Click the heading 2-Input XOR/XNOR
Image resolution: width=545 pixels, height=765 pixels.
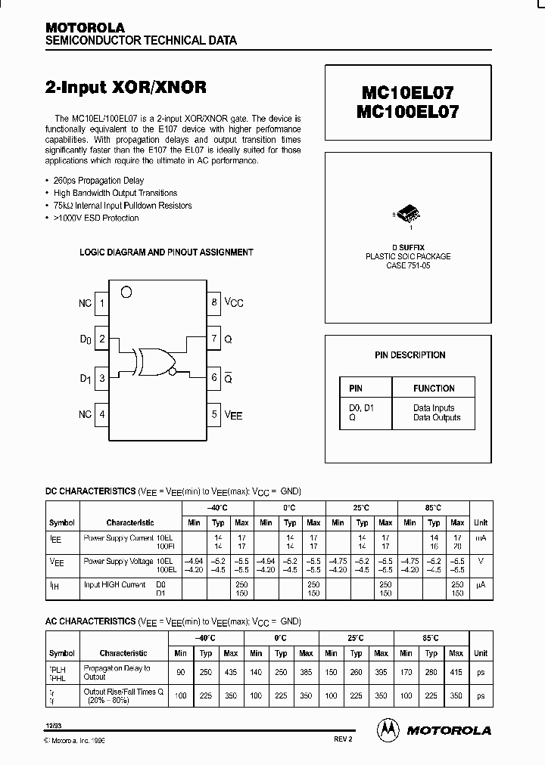click(x=126, y=87)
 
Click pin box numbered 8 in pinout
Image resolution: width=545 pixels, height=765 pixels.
click(x=215, y=302)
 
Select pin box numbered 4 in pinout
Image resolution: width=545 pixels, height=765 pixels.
click(x=102, y=414)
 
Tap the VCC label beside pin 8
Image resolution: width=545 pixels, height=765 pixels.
click(x=234, y=303)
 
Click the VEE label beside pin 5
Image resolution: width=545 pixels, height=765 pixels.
click(x=233, y=415)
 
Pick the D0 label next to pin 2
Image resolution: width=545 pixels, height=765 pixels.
click(x=86, y=340)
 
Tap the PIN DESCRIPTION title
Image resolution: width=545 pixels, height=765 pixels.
click(x=410, y=355)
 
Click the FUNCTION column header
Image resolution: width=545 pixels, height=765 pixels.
click(x=434, y=388)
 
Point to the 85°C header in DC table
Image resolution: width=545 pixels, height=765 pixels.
click(x=433, y=508)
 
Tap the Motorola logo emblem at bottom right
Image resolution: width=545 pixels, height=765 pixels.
click(x=387, y=729)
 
